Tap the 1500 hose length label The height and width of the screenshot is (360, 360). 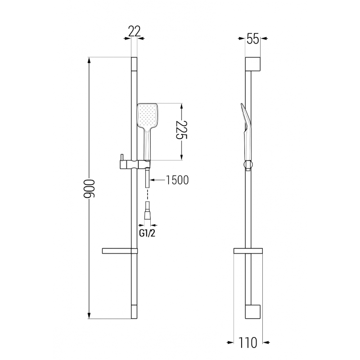pyautogui.click(x=176, y=180)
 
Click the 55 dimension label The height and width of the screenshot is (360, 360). pyautogui.click(x=253, y=39)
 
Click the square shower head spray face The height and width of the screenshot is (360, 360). pyautogui.click(x=147, y=115)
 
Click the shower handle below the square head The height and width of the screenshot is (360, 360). pyautogui.click(x=147, y=142)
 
